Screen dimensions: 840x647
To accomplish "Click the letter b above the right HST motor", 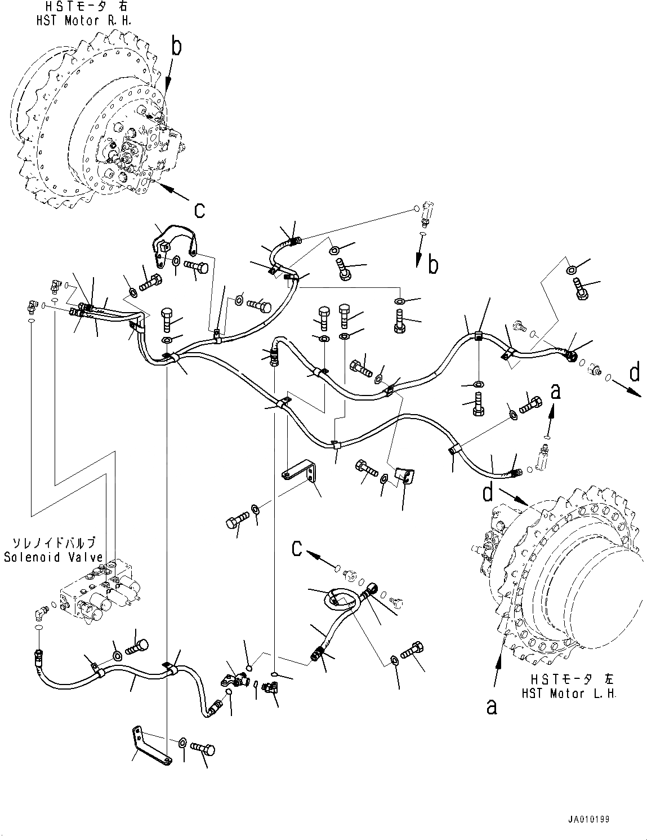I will [176, 47].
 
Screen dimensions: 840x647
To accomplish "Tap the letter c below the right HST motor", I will [199, 210].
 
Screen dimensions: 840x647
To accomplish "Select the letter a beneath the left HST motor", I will [492, 706].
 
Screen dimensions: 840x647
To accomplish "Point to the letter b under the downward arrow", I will [432, 264].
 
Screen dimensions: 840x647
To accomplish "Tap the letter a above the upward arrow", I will [556, 391].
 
